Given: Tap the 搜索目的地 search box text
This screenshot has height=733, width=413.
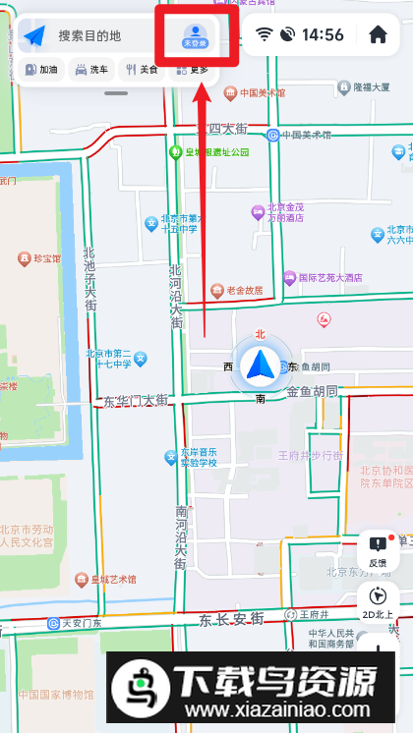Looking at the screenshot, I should [x=89, y=36].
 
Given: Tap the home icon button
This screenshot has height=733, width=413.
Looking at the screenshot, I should [x=378, y=35].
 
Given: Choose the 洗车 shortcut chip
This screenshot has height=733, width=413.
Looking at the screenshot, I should [x=91, y=70].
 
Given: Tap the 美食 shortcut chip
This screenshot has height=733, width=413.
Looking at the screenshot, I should [x=142, y=70].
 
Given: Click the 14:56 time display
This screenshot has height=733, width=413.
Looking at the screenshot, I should [x=323, y=35].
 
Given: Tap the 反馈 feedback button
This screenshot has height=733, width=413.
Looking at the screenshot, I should [x=378, y=550].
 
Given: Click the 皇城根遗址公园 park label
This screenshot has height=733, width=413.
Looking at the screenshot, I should [x=210, y=152].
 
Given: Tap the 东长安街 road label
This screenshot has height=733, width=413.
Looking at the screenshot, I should [x=231, y=619].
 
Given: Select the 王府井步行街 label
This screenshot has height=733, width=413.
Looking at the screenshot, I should [x=310, y=456].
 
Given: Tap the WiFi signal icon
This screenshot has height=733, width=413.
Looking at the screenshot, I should [x=264, y=35].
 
